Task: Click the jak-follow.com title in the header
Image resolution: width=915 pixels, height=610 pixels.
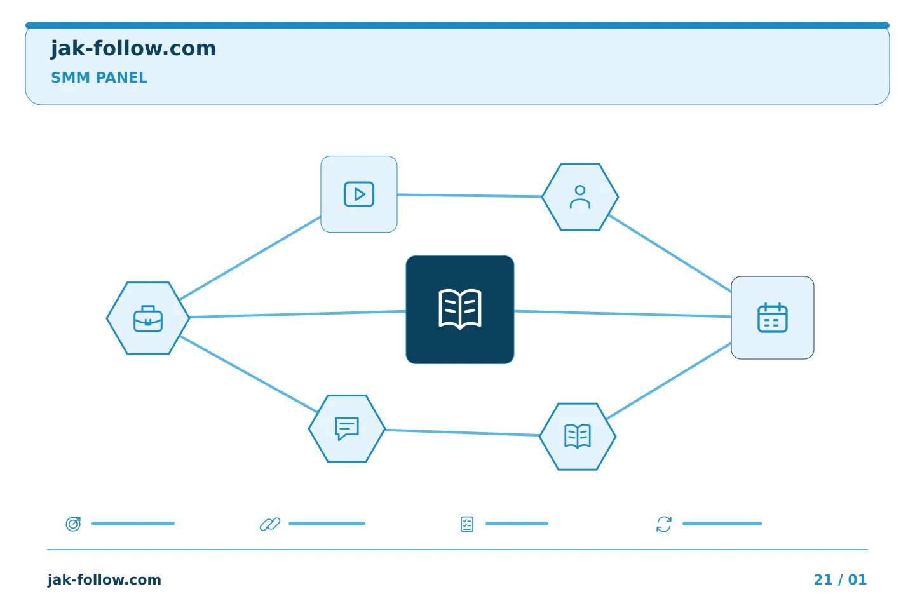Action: pos(133,49)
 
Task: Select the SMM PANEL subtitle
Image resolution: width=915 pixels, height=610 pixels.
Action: pos(99,78)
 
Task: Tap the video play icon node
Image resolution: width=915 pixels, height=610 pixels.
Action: pos(358,194)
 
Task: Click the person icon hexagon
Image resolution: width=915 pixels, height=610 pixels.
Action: pos(580,197)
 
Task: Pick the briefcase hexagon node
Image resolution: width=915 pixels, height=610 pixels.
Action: pos(148,318)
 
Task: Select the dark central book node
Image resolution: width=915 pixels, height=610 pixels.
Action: pos(460,309)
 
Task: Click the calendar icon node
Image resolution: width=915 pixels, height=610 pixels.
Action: pos(773,318)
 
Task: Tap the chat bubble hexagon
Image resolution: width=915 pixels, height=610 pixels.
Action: pos(347,429)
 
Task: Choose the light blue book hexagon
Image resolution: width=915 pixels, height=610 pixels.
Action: pos(578,437)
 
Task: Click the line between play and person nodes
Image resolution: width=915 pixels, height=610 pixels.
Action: pos(470,195)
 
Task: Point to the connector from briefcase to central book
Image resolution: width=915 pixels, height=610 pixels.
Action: pos(298,314)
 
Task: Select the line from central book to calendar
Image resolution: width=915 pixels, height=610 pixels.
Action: pos(623,314)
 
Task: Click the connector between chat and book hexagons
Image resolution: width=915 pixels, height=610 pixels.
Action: pos(463,433)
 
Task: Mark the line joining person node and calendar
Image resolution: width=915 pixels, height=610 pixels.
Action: pos(670,254)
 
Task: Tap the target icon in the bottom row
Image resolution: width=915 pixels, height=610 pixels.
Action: pos(74,524)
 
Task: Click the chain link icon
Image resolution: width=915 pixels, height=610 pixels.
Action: pos(270,524)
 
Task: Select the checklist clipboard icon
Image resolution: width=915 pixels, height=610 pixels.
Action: pos(467,524)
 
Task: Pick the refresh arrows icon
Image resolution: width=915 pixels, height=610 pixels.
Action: pos(664,524)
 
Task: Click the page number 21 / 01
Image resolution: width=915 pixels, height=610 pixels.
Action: pos(840,579)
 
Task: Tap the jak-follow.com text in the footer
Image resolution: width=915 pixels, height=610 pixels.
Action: pos(104,579)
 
